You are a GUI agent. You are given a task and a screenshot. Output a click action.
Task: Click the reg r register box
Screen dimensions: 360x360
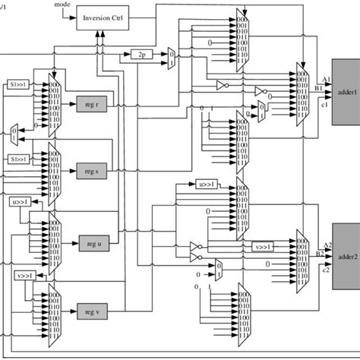coord(91,103)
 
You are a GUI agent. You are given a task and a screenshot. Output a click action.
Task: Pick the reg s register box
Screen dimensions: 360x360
coord(91,172)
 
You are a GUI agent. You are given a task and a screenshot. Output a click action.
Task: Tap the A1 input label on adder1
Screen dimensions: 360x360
coord(325,79)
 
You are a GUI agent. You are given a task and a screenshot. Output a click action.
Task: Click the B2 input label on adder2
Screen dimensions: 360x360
coord(325,253)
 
